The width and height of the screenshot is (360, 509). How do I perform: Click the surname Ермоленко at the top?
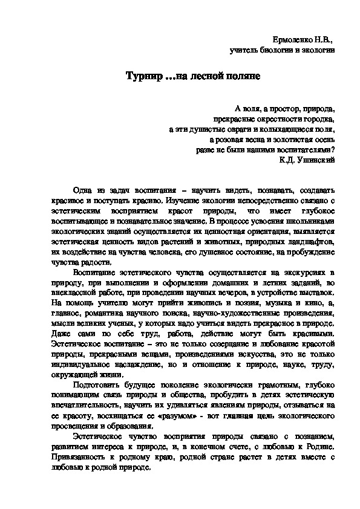[x=290, y=39]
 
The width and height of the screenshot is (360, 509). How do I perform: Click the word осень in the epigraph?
[x=321, y=138]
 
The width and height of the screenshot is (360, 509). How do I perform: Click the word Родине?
[x=318, y=446]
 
